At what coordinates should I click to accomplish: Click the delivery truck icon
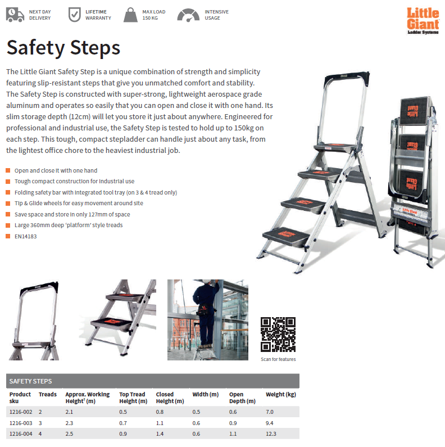point(15,15)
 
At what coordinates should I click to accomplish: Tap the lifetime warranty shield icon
point(74,15)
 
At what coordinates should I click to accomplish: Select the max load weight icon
point(131,15)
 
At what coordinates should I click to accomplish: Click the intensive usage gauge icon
point(188,15)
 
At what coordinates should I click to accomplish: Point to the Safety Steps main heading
point(63,48)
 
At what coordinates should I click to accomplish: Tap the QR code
point(278,335)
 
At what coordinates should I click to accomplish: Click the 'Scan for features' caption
point(278,359)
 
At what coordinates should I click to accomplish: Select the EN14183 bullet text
point(26,236)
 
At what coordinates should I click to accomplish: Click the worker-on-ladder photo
point(207,319)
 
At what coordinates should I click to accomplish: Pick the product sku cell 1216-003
point(21,423)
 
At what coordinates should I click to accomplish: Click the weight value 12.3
point(272,434)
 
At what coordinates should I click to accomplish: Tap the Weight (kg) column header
point(281,394)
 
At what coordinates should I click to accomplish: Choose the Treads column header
point(48,394)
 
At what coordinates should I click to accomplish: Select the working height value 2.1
point(69,412)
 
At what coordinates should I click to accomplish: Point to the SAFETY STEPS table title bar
point(152,381)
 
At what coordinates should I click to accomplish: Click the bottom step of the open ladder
point(293,236)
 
